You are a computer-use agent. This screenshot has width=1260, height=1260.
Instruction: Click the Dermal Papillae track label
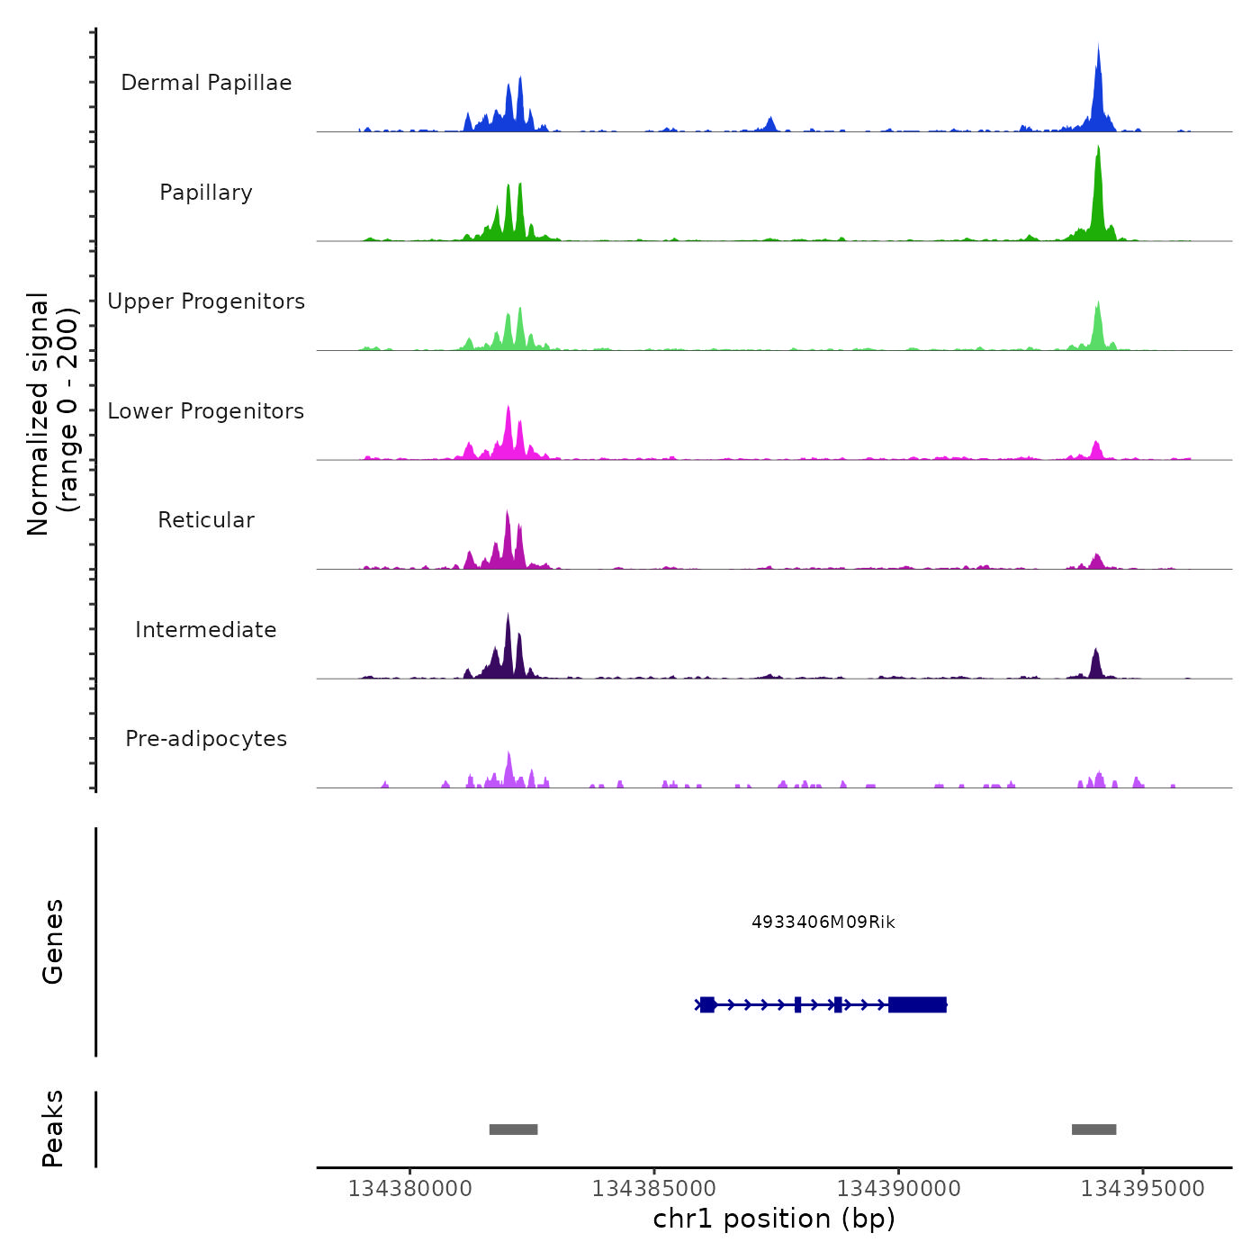point(206,83)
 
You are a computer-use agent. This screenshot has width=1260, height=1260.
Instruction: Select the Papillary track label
point(206,193)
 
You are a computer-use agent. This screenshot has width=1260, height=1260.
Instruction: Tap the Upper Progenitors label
point(206,301)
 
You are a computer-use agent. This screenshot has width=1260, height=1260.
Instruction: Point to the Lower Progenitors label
point(206,411)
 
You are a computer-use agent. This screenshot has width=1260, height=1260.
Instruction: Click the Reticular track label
point(206,520)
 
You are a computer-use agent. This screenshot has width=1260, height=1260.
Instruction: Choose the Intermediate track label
point(206,630)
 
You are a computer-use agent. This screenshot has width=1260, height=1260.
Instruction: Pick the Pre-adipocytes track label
point(206,739)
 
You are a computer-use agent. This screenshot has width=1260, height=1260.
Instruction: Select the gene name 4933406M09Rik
point(823,922)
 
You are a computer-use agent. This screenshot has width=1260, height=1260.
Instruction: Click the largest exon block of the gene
point(917,1004)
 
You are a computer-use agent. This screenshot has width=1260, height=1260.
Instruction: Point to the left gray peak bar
point(513,1129)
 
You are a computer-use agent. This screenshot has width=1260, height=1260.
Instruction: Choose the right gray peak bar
point(1093,1129)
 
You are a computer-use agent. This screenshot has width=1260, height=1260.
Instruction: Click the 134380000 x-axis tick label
point(409,1189)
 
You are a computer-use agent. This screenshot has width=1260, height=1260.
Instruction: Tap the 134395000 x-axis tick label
point(1142,1189)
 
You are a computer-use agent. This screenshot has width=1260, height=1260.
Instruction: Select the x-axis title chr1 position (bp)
point(774,1219)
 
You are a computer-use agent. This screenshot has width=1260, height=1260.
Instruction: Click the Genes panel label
point(53,941)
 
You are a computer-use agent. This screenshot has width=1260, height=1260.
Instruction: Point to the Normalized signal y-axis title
point(52,414)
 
